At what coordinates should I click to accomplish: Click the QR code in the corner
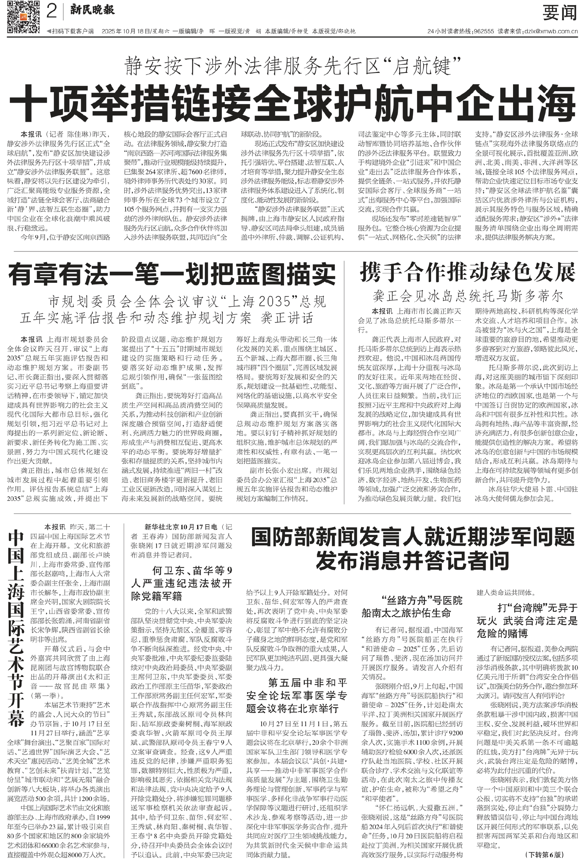pos(23,17)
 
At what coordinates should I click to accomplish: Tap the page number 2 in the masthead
pos(52,12)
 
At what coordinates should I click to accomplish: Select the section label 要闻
pos(559,14)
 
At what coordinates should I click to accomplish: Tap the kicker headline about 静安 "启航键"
pos(292,67)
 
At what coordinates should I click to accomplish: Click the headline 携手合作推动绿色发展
pos(467,273)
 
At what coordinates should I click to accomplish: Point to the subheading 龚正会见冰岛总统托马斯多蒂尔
pos(468,296)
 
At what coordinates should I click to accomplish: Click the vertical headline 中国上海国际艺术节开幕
pos(17,629)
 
